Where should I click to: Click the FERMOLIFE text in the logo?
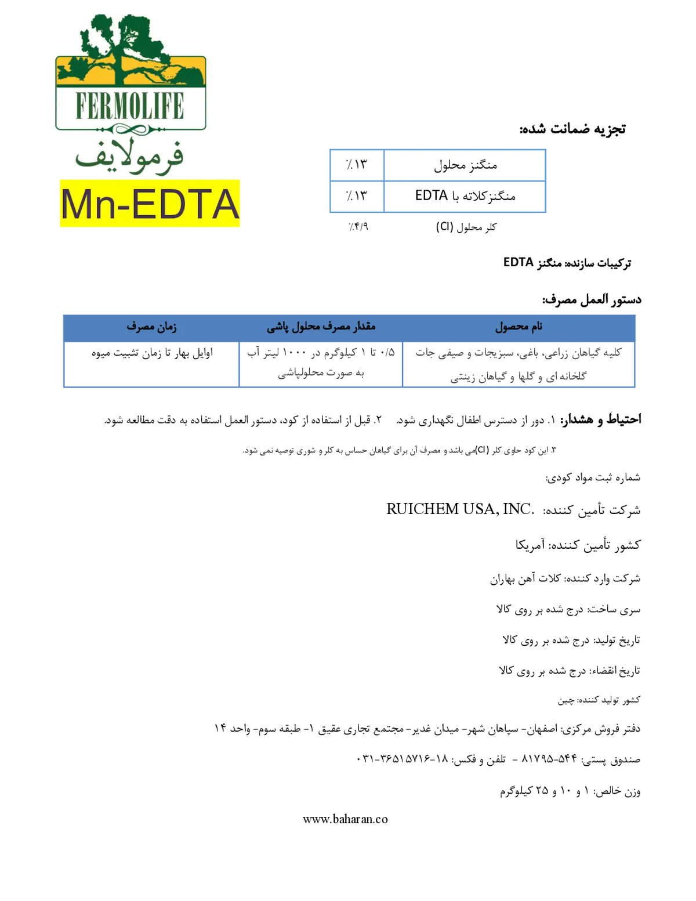tap(130, 106)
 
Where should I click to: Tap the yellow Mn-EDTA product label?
tap(150, 203)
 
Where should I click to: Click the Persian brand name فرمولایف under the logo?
tap(129, 157)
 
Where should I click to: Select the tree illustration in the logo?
tap(129, 50)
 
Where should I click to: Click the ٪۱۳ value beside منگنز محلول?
tap(357, 165)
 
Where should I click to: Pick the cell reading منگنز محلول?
tap(465, 165)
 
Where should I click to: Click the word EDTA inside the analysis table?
tap(431, 196)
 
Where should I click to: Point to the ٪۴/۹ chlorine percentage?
tap(358, 227)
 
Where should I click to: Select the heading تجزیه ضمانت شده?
tap(572, 129)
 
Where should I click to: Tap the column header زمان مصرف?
tap(152, 327)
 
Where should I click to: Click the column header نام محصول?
tap(519, 327)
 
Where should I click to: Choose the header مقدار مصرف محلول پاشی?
tap(321, 327)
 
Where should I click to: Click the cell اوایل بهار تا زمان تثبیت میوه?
tap(152, 353)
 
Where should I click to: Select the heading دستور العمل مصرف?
tap(592, 299)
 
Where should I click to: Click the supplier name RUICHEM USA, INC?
tap(460, 509)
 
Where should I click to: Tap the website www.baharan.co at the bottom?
tap(345, 819)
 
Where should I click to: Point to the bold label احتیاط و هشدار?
tap(601, 419)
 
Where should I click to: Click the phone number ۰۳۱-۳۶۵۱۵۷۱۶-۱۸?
tap(402, 759)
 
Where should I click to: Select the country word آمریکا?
tap(530, 544)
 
